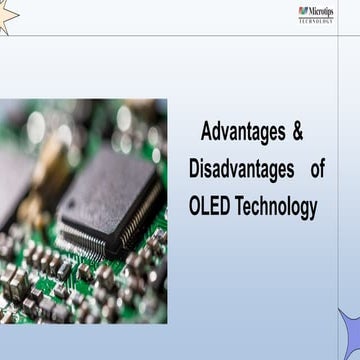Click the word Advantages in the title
pos(241,132)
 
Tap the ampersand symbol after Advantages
pos(297,132)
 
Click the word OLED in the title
pos(210,206)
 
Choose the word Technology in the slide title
pos(276,206)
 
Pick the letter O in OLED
pos(195,206)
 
